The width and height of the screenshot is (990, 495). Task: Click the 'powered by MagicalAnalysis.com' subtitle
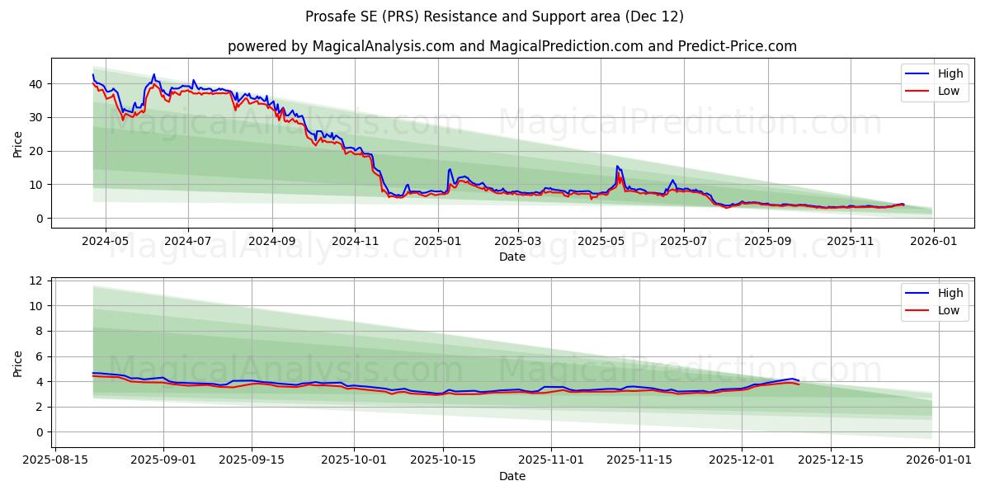(x=511, y=46)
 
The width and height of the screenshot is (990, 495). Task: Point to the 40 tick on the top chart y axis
(x=35, y=84)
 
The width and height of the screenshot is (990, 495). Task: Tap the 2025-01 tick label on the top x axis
(x=437, y=242)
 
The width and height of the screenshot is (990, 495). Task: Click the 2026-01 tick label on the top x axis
(x=933, y=242)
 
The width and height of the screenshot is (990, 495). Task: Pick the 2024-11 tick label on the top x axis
(x=356, y=242)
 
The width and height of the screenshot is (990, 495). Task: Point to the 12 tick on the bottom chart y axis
(x=35, y=280)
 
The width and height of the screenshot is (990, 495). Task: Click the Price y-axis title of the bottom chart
(x=18, y=362)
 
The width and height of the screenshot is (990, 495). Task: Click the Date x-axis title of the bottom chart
(x=511, y=476)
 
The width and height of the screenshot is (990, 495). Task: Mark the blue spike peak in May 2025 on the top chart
(x=616, y=166)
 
